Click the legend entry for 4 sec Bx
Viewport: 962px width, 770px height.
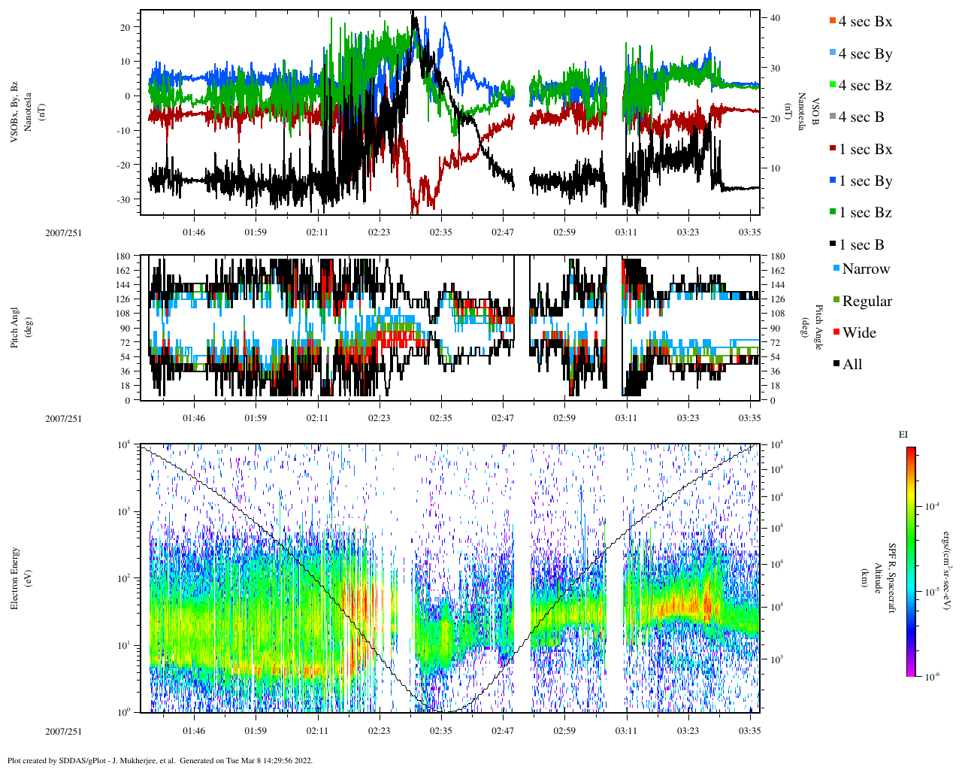pyautogui.click(x=864, y=22)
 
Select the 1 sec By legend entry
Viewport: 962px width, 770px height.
pyautogui.click(x=864, y=181)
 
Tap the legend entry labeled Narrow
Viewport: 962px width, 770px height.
pyautogui.click(x=865, y=269)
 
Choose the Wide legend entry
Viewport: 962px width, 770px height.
pyautogui.click(x=859, y=333)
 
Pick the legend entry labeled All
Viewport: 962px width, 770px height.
pyautogui.click(x=852, y=365)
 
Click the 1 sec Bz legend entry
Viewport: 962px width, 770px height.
pyautogui.click(x=864, y=213)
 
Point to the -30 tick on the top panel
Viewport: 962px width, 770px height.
pyautogui.click(x=125, y=199)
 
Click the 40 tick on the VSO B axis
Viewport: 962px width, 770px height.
pyautogui.click(x=775, y=18)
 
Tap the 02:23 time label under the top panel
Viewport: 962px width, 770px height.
pyautogui.click(x=379, y=232)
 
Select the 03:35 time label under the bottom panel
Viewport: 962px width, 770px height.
pyautogui.click(x=750, y=731)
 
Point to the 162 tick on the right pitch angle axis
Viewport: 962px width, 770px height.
pyautogui.click(x=777, y=271)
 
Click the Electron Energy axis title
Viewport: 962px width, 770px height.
pyautogui.click(x=14, y=578)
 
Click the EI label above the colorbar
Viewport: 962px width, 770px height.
pyautogui.click(x=903, y=435)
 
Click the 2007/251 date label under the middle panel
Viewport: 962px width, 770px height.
pyautogui.click(x=64, y=418)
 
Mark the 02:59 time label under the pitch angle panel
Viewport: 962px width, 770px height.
pyautogui.click(x=564, y=418)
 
